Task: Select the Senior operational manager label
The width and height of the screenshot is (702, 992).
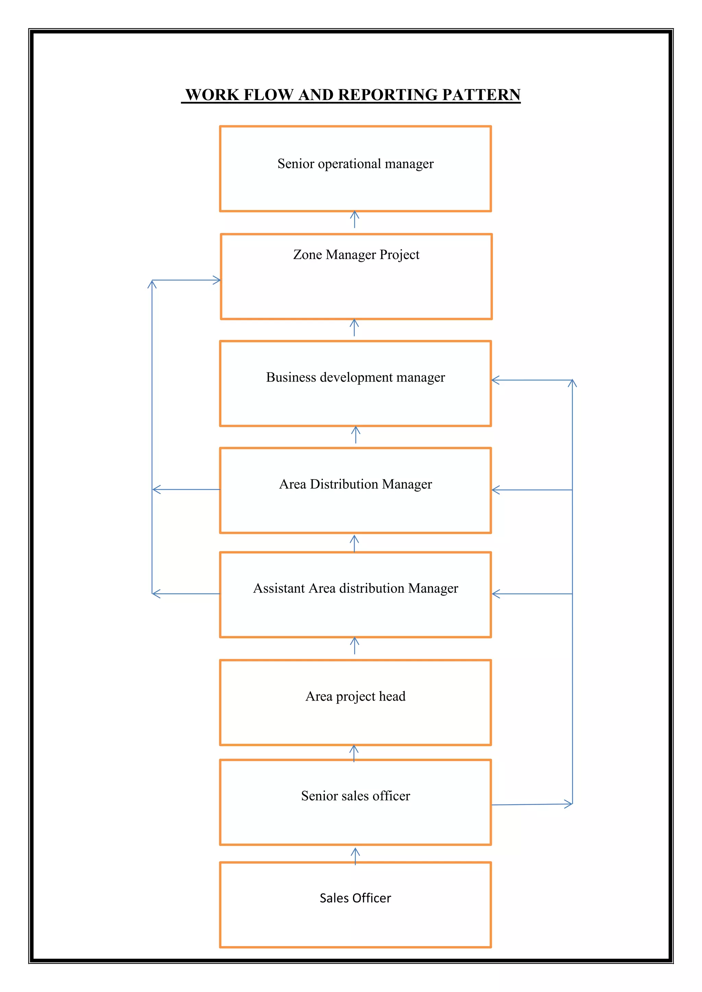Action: click(355, 164)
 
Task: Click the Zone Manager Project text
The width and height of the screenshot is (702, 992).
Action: click(356, 255)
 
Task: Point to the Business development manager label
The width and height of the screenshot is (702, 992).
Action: click(355, 377)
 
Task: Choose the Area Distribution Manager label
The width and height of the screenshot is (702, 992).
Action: click(355, 484)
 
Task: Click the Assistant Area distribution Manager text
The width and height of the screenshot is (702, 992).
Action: click(355, 588)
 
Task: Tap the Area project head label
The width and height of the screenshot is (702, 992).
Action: click(355, 696)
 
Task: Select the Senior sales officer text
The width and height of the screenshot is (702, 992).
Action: click(355, 795)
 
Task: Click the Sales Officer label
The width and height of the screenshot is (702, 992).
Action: click(355, 898)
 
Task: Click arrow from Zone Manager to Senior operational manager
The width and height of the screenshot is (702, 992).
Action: click(354, 220)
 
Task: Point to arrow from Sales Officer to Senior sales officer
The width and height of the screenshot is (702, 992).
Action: click(355, 856)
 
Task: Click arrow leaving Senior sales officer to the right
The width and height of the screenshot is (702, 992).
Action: click(532, 804)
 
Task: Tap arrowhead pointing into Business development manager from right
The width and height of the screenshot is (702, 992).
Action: click(496, 380)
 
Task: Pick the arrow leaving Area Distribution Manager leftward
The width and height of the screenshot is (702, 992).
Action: click(186, 489)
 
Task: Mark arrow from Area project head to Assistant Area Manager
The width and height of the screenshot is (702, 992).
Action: click(354, 645)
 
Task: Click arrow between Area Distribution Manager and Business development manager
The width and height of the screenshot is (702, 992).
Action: click(355, 435)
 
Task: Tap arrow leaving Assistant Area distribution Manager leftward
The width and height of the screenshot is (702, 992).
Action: click(186, 594)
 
